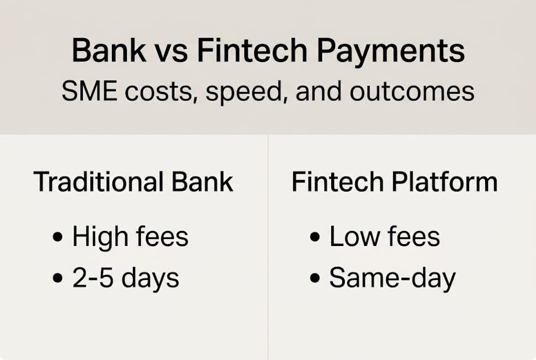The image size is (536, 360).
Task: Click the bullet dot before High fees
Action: click(x=58, y=237)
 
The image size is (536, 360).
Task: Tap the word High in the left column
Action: click(x=98, y=237)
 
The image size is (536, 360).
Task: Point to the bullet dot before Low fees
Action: click(x=315, y=237)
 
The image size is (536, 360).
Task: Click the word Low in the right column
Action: click(x=352, y=237)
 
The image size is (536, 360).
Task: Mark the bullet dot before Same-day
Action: click(x=315, y=278)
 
